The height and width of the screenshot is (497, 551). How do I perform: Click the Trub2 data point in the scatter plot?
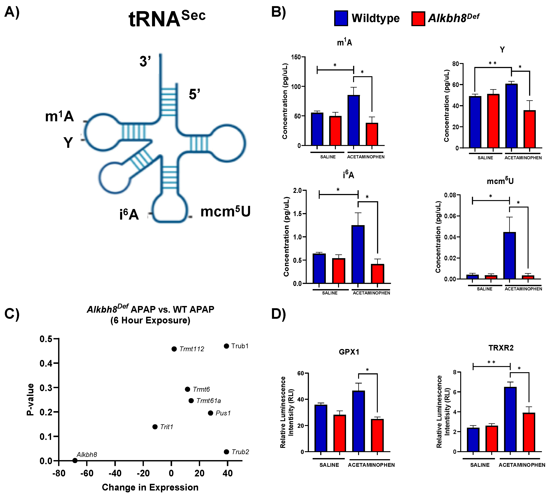pos(226,452)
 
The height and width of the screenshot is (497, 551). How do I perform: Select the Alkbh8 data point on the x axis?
pos(75,461)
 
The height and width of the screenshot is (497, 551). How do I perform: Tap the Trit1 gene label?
pos(167,427)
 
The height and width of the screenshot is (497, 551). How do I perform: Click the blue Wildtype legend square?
pos(341,18)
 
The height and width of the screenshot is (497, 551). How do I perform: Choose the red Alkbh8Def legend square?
pos(418,19)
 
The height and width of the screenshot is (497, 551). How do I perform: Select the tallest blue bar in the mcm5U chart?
pos(509,255)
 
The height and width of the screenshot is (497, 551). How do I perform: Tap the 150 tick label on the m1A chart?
pos(296,57)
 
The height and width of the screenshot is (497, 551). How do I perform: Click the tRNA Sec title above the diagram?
pos(167,19)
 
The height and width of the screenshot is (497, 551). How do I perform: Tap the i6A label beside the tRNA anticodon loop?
pos(129,214)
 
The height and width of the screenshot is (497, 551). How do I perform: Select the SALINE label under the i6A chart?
pos(330,293)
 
